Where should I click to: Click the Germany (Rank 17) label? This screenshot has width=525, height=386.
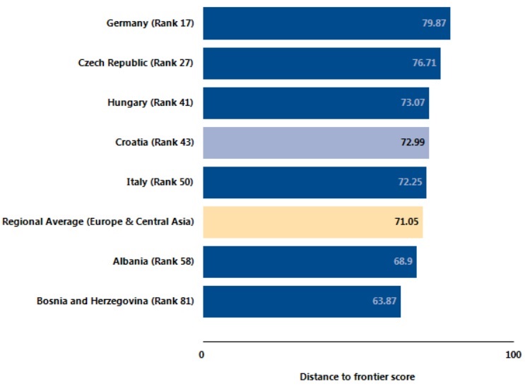[150, 23]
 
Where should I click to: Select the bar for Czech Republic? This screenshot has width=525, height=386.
[322, 64]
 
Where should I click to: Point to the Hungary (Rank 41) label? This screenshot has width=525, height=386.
[150, 103]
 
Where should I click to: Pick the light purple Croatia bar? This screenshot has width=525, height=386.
[316, 143]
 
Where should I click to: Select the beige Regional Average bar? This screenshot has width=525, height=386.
[312, 222]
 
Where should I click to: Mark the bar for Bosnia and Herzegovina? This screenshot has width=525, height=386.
[302, 301]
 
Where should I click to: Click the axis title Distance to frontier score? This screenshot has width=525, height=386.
[357, 376]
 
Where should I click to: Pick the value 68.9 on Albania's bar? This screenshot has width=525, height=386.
[402, 262]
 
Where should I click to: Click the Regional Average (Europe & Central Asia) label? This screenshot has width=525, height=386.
[98, 222]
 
